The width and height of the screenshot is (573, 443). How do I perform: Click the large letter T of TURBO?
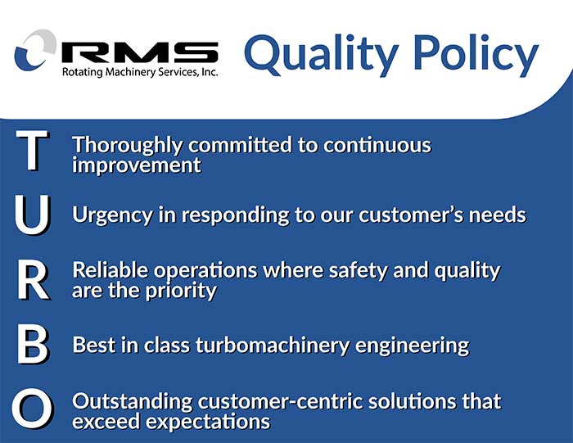click(x=32, y=151)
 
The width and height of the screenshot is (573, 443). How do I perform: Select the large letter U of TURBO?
click(x=33, y=215)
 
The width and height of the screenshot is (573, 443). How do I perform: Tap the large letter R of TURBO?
click(x=34, y=280)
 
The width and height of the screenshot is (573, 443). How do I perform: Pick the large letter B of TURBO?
click(x=33, y=345)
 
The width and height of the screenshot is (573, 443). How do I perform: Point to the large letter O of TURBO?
click(x=33, y=409)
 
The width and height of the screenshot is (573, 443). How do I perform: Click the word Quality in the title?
click(x=321, y=55)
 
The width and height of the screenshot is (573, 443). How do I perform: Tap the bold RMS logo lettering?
click(x=140, y=52)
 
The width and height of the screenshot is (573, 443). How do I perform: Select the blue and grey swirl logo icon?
click(x=35, y=50)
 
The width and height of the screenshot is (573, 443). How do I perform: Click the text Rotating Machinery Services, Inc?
click(x=140, y=72)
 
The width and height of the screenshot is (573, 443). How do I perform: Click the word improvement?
click(x=137, y=165)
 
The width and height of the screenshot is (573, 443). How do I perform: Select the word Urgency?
click(x=113, y=215)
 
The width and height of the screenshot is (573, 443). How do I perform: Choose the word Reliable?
click(x=110, y=270)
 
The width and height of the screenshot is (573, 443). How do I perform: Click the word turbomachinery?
click(x=273, y=345)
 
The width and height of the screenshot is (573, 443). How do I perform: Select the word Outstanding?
click(x=133, y=401)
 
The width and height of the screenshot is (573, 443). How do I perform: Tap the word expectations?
click(x=208, y=422)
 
